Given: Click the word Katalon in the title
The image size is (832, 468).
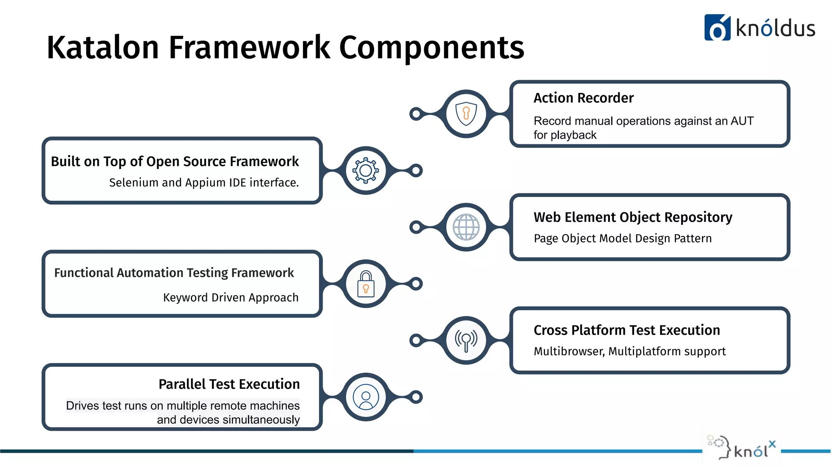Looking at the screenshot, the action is (x=102, y=48).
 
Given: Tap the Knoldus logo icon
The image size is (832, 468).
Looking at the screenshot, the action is (x=717, y=28).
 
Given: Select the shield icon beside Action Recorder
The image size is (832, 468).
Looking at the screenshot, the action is (x=466, y=113).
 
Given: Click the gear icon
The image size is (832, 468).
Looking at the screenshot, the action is (x=366, y=171).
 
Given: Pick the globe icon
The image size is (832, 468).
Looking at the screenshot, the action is (x=466, y=227).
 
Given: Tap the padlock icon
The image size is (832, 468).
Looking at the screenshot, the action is (x=366, y=284).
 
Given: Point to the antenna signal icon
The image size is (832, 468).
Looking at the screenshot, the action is (x=466, y=340).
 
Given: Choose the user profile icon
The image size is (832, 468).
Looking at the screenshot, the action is (x=366, y=397).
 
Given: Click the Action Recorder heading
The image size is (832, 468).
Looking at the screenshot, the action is (x=583, y=98).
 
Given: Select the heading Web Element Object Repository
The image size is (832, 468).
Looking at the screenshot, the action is (x=633, y=217).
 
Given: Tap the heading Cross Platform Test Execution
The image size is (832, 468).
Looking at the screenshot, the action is (x=627, y=330).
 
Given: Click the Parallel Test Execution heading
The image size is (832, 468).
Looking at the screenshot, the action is (x=229, y=384).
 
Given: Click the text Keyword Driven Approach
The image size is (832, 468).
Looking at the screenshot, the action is (x=231, y=297).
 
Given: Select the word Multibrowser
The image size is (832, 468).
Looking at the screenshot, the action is (x=569, y=351).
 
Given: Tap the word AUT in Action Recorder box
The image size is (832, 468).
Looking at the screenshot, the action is (x=742, y=121).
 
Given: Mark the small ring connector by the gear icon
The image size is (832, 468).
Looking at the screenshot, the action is (x=416, y=171).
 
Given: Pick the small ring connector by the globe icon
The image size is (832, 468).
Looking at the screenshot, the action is (x=416, y=227).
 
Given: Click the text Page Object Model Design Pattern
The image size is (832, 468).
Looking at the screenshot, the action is (x=623, y=238).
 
